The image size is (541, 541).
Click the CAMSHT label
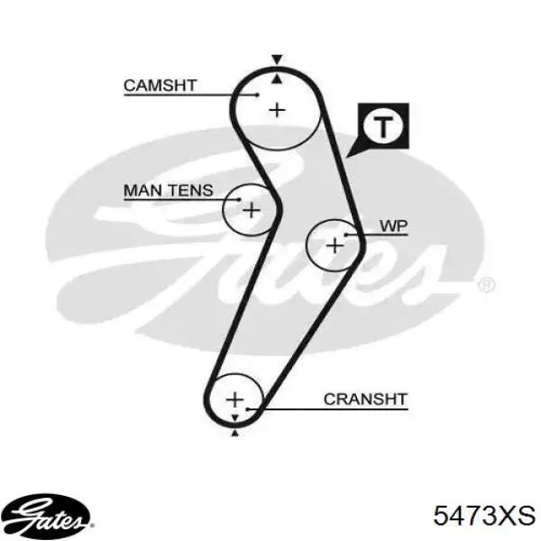[160, 86]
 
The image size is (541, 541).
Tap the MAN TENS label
[169, 190]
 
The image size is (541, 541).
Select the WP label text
[394, 226]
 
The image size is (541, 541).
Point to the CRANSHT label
[366, 399]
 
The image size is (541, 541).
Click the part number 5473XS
[484, 516]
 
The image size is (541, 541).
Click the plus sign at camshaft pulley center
[277, 110]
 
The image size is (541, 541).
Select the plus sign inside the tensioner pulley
[252, 210]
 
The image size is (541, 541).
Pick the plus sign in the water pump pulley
[335, 246]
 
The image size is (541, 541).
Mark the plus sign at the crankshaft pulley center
[235, 399]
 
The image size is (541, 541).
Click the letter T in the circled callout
[383, 126]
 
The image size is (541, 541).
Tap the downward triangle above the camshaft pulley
[277, 60]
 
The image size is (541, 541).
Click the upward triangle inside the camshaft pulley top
[277, 79]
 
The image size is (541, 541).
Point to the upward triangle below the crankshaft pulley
[235, 433]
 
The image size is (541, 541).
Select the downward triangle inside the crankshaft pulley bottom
[235, 417]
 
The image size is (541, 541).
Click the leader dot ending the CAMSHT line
[257, 95]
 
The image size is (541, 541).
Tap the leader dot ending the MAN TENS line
[240, 199]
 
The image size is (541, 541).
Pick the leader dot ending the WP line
[345, 235]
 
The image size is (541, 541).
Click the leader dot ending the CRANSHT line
[247, 409]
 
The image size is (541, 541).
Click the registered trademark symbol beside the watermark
[486, 285]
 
